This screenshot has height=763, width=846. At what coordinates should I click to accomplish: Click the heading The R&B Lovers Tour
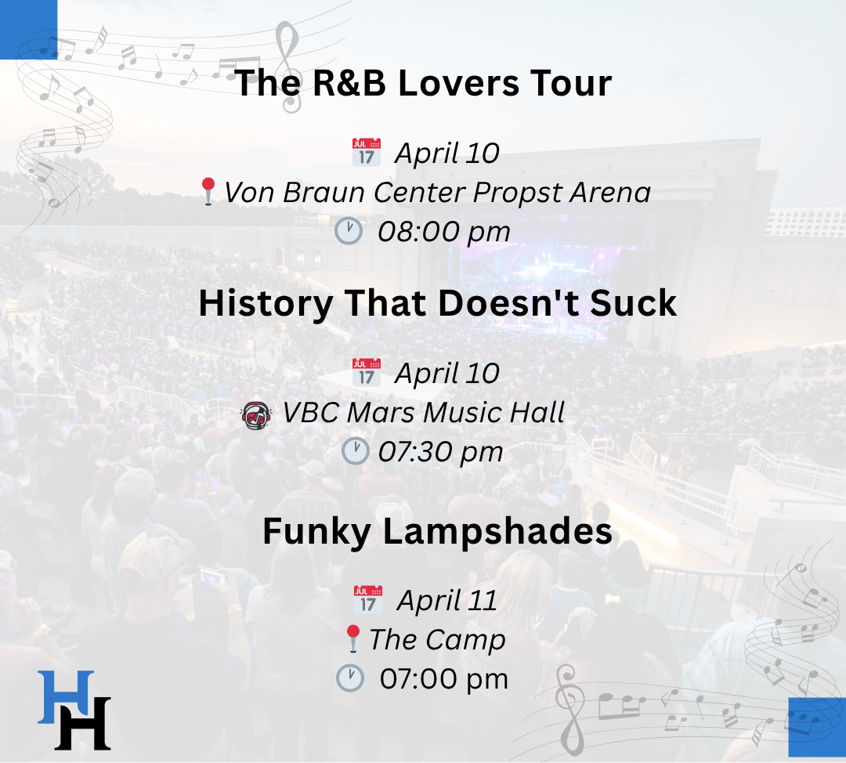[424, 83]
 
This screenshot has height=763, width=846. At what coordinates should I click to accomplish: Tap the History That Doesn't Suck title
[438, 302]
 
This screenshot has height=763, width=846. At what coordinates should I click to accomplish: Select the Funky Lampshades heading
[438, 532]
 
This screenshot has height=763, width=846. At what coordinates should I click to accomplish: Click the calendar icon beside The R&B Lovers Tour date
[367, 152]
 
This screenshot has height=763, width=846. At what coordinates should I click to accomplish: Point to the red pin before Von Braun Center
[208, 192]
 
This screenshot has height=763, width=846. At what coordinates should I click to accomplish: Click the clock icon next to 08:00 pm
[349, 231]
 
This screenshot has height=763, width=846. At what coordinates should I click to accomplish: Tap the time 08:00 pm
[443, 232]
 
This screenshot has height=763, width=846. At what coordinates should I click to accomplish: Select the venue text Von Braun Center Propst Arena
[437, 192]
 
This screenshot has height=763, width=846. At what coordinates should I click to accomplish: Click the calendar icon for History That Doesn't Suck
[367, 372]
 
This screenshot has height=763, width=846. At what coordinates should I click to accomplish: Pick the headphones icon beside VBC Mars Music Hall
[256, 415]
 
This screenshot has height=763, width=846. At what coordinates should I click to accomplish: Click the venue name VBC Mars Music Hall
[424, 412]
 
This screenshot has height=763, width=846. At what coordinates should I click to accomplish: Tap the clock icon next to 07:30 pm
[356, 451]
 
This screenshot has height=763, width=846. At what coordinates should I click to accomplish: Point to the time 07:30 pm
[440, 452]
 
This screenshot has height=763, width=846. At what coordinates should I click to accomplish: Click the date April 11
[446, 600]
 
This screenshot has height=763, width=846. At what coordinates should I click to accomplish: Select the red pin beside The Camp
[352, 639]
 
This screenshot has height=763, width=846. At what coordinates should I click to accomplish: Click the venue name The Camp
[437, 640]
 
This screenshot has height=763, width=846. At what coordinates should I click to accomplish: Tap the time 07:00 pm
[443, 679]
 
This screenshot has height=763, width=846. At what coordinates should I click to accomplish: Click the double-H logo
[74, 710]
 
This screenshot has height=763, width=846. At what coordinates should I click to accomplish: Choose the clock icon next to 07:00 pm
[350, 678]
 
